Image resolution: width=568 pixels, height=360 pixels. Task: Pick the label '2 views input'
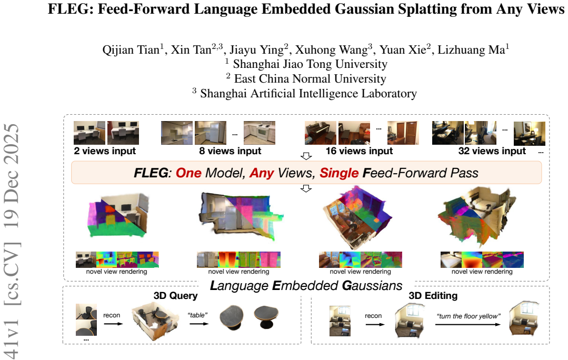(x=105, y=151)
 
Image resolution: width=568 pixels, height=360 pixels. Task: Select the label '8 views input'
(x=230, y=151)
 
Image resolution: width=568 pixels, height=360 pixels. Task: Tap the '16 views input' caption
(x=359, y=151)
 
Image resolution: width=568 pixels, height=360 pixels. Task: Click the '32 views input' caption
(x=492, y=151)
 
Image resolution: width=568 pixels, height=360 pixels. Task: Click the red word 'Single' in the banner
(x=339, y=173)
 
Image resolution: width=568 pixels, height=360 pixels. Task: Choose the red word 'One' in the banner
(x=188, y=173)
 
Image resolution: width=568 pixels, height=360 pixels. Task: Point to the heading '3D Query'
(x=176, y=296)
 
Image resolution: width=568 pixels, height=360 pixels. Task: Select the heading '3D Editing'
(x=433, y=296)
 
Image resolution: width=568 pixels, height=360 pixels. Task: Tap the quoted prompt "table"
(x=197, y=315)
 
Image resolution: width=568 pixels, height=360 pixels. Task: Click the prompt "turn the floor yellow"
(x=469, y=316)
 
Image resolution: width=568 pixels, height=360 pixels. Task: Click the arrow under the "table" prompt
(x=199, y=323)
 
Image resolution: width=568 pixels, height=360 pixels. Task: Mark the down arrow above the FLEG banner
(x=306, y=156)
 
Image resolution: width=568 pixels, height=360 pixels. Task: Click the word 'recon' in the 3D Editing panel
(x=373, y=316)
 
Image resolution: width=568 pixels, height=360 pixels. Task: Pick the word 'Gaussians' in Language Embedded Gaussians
(x=372, y=286)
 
